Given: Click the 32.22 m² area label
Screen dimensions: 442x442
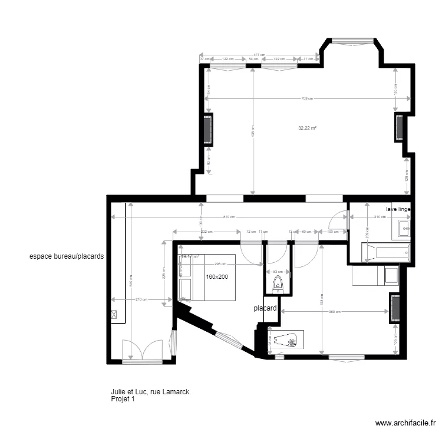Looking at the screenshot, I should click(x=308, y=128).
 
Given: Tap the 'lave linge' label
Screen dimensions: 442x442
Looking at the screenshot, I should click(x=398, y=209).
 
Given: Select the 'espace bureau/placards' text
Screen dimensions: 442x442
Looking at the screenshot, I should click(x=67, y=257).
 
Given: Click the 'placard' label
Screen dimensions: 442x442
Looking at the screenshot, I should click(x=265, y=308).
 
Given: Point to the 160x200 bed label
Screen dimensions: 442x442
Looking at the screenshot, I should click(x=217, y=276).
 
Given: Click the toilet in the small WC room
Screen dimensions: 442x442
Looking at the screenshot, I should click(x=278, y=285).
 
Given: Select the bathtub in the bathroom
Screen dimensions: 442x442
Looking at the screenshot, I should click(x=387, y=253).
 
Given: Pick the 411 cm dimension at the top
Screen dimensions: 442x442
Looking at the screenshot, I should click(x=258, y=54).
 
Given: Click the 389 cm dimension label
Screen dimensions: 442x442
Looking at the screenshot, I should click(x=335, y=311).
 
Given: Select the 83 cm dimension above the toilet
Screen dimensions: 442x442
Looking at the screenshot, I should click(x=276, y=272).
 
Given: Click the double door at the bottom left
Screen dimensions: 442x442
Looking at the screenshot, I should click(x=141, y=351).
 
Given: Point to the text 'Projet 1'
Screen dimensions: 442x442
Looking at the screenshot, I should click(x=123, y=399).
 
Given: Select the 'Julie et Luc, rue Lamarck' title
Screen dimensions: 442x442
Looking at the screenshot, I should click(x=149, y=391).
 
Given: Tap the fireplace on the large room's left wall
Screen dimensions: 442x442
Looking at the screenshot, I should click(x=207, y=130).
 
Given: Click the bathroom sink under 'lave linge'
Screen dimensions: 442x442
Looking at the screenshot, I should click(x=404, y=227).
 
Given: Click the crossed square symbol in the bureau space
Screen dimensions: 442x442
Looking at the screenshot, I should click(x=114, y=315).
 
